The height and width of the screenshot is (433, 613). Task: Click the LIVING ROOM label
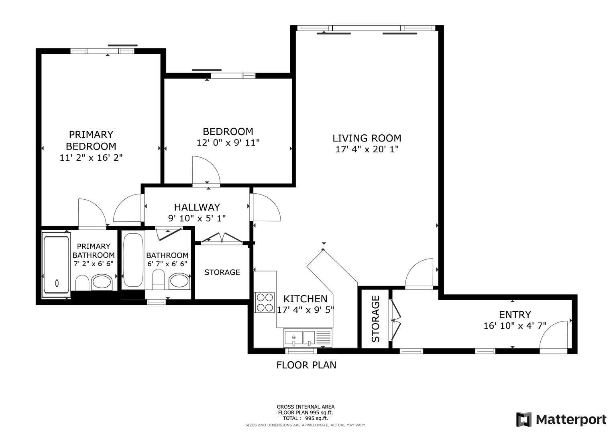tap(367, 138)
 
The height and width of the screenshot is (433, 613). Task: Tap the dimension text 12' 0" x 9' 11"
tap(228, 143)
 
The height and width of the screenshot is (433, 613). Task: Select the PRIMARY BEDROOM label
tap(91, 140)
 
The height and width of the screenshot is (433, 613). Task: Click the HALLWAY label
tap(197, 207)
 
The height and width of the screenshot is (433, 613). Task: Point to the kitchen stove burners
tap(265, 303)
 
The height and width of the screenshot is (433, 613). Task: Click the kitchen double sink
tap(300, 338)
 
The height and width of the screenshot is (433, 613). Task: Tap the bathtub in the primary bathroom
tap(56, 265)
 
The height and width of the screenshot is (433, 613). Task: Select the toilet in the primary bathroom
tap(82, 283)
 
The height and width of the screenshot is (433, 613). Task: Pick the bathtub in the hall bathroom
tap(133, 260)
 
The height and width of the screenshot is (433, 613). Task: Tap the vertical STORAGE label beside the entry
tap(375, 319)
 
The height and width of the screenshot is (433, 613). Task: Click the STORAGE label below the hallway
tap(222, 273)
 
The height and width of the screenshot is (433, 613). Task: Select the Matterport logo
tap(561, 420)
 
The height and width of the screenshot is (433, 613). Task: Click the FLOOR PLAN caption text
tap(306, 365)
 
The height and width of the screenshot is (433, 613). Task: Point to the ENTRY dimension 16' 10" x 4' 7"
tap(515, 326)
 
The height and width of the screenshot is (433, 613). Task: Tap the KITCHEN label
tap(305, 299)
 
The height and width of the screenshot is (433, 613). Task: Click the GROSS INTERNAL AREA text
tap(305, 407)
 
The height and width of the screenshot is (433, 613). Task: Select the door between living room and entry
tap(419, 275)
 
